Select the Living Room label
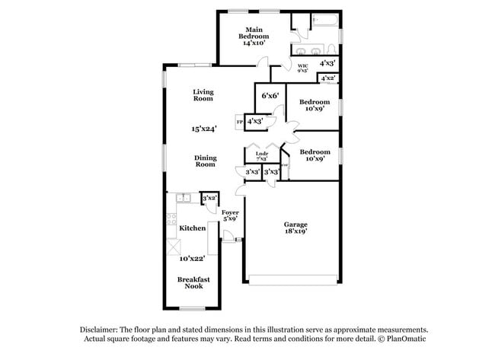click(x=203, y=95)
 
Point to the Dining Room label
click(x=205, y=161)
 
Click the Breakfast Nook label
click(x=193, y=283)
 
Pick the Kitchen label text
click(x=192, y=228)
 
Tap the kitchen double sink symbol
click(x=184, y=199)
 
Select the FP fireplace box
click(x=239, y=122)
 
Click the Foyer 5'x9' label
click(x=230, y=215)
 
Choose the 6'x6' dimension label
click(x=269, y=96)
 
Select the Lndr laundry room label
click(x=261, y=155)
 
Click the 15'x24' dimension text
click(x=203, y=129)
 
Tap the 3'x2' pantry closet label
click(x=209, y=198)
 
